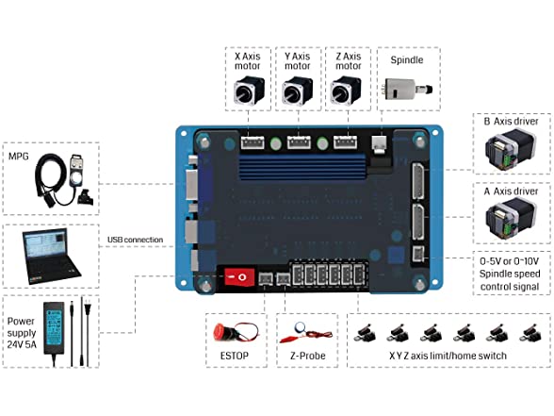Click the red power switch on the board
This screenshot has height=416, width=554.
pyautogui.click(x=240, y=277)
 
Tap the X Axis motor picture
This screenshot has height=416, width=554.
pyautogui.click(x=249, y=91)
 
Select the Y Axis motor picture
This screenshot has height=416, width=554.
pyautogui.click(x=298, y=91)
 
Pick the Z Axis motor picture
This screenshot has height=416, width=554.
pyautogui.click(x=346, y=91)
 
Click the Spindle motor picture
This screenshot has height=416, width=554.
pyautogui.click(x=407, y=89)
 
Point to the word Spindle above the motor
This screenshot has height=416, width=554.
pyautogui.click(x=407, y=59)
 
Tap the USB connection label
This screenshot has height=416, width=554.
pyautogui.click(x=136, y=240)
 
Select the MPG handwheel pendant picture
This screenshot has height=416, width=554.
pyautogui.click(x=64, y=179)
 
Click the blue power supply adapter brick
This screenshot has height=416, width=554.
pyautogui.click(x=54, y=327)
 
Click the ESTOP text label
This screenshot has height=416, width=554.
pyautogui.click(x=235, y=356)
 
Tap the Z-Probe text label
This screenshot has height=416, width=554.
pyautogui.click(x=308, y=356)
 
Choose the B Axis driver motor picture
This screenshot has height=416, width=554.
pyautogui.click(x=511, y=150)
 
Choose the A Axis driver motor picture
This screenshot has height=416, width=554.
pyautogui.click(x=511, y=220)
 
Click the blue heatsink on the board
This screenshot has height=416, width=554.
pyautogui.click(x=304, y=167)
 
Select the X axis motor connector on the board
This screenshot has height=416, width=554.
pyautogui.click(x=253, y=142)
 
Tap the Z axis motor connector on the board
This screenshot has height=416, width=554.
pyautogui.click(x=345, y=142)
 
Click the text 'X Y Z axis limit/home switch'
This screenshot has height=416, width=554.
pyautogui.click(x=448, y=356)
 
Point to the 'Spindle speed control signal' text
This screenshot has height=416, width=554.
pyautogui.click(x=510, y=280)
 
